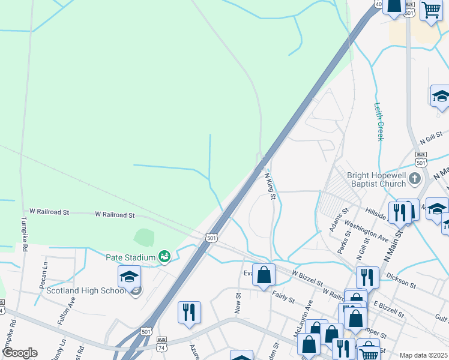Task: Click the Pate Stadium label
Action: click(131, 257)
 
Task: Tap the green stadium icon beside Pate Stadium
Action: click(164, 257)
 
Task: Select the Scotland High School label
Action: click(85, 291)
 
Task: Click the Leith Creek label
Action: click(379, 121)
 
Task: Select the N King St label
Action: click(270, 186)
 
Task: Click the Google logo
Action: click(19, 353)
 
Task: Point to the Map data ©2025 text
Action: click(423, 355)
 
